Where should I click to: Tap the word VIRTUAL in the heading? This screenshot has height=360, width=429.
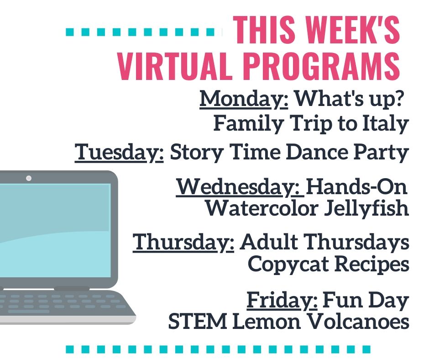[173, 66]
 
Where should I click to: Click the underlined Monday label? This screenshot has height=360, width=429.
[244, 99]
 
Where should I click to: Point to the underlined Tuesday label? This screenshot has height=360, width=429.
[119, 153]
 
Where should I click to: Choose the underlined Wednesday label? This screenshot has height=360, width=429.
[240, 187]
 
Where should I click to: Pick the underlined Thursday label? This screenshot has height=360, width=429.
[183, 242]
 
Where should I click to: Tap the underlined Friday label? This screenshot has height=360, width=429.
[282, 300]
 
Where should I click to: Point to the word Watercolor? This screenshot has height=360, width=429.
[262, 208]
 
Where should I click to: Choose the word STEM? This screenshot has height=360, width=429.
[198, 321]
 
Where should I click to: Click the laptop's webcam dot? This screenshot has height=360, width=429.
[29, 178]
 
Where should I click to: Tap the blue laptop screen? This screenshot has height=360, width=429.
[55, 230]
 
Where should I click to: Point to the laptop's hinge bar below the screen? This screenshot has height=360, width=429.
[72, 288]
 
